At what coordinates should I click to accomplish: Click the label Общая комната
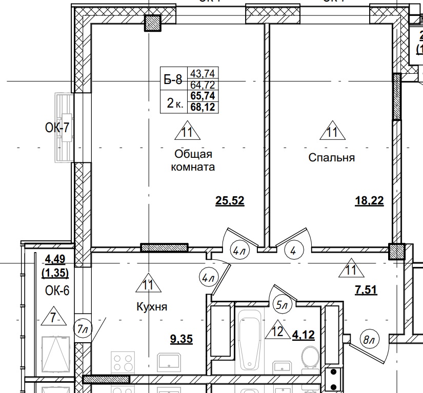[x=193, y=160]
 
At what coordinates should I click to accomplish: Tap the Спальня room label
[x=331, y=157]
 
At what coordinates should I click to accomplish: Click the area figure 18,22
[x=369, y=200]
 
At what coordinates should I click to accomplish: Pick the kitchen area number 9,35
[x=181, y=339]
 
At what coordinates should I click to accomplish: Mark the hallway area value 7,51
[x=366, y=290]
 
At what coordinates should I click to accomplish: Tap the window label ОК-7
[x=57, y=128]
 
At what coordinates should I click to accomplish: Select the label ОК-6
[x=57, y=292]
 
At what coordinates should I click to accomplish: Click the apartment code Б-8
[x=172, y=79]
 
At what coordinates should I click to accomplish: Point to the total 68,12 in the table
[x=203, y=107]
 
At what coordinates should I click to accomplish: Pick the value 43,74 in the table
[x=203, y=73]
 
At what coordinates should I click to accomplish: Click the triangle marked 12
[x=277, y=333]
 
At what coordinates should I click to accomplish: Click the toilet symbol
[x=310, y=357]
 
